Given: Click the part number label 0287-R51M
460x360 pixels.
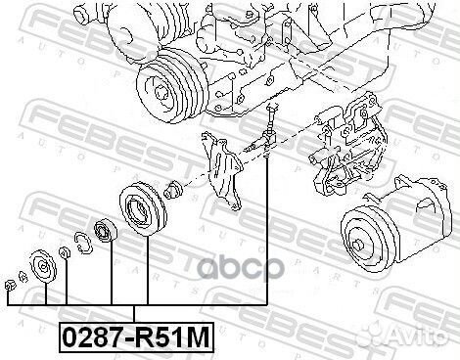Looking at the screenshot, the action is (136, 337).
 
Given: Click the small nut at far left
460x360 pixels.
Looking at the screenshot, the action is (11, 287).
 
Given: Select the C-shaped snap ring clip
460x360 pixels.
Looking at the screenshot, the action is (83, 242).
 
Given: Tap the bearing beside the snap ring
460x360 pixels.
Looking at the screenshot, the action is (105, 230).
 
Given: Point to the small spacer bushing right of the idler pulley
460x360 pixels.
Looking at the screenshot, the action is (174, 190).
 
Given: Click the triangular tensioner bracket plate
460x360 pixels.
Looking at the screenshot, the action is (222, 169).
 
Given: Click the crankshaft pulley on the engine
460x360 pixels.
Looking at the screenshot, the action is (169, 86).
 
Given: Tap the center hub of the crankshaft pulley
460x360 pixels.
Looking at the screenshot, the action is (161, 93).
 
